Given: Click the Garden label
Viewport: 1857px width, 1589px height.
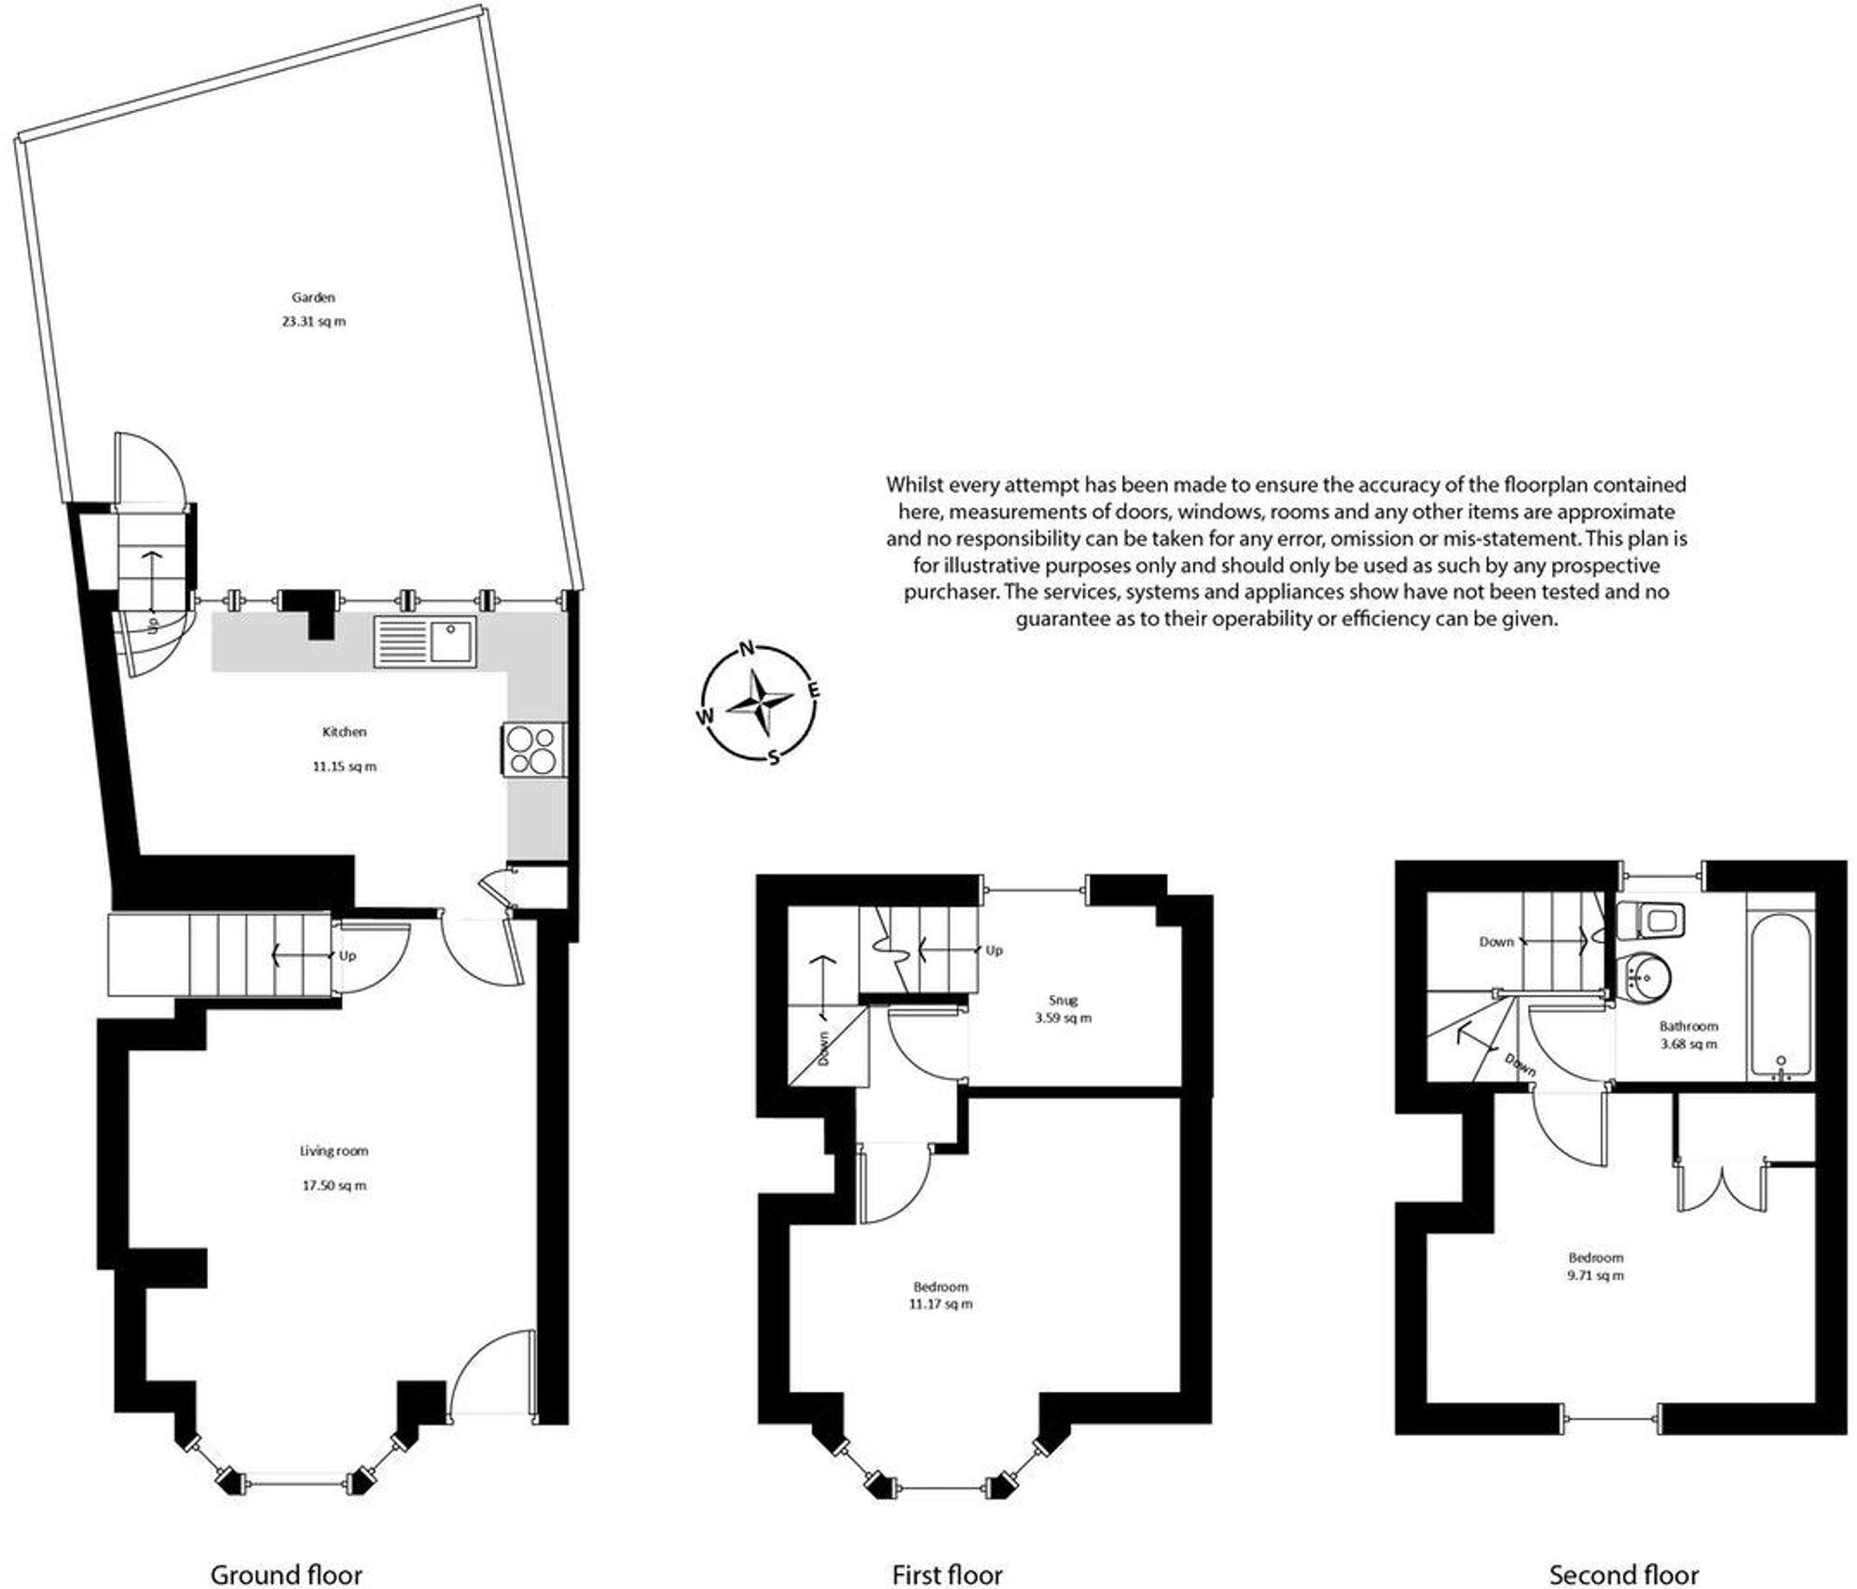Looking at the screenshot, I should tap(313, 297).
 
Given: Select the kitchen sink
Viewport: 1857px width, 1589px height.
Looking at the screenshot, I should tap(425, 641).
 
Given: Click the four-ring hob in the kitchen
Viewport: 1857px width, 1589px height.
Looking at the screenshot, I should tap(533, 750).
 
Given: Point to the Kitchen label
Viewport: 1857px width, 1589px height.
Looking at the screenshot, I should tap(344, 732).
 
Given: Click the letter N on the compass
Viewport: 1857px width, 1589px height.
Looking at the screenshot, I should tap(746, 649).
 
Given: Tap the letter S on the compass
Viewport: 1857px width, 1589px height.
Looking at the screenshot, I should tap(773, 757).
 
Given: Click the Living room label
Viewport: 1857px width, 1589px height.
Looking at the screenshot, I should tap(333, 1151).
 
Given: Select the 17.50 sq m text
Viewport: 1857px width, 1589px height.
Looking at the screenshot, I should tap(333, 1185).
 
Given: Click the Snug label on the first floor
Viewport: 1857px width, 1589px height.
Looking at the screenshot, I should tap(1062, 1000).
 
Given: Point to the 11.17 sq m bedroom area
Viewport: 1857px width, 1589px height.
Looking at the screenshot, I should tap(940, 1304).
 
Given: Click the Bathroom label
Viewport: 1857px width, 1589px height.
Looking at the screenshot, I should tap(1688, 1026).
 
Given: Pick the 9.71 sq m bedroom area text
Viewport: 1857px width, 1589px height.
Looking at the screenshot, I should tap(1596, 1275).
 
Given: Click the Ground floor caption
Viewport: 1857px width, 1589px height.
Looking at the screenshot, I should tap(286, 1574).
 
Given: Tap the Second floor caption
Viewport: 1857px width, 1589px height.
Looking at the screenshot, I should tap(1623, 1574).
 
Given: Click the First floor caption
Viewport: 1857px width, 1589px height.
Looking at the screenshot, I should tap(946, 1574).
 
